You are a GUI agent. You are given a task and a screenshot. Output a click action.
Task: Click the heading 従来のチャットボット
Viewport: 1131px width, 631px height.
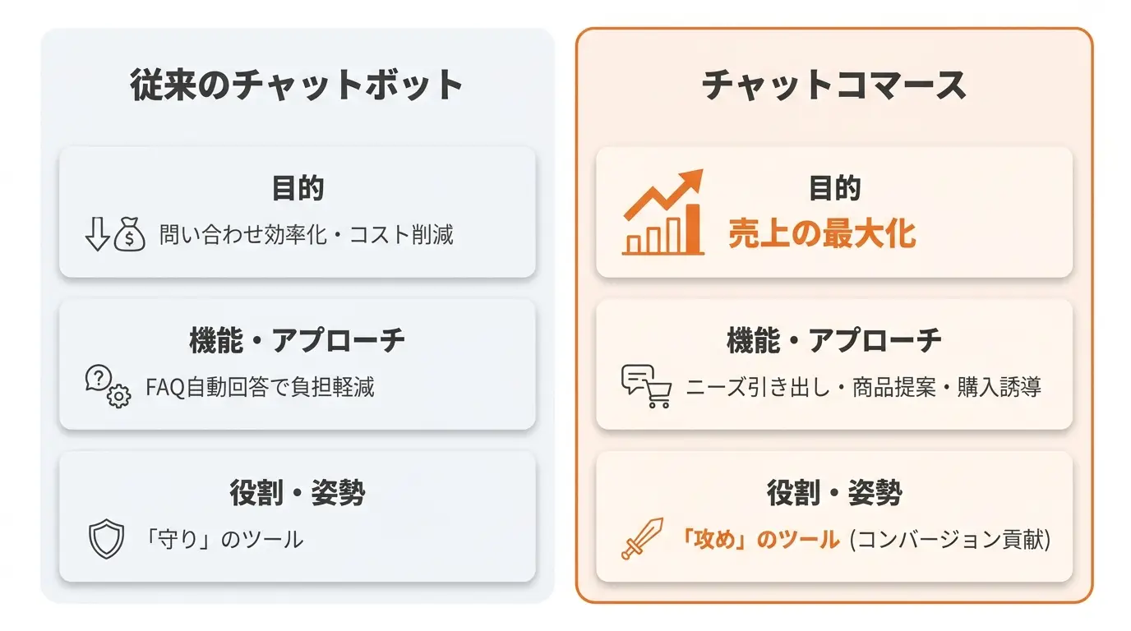297,85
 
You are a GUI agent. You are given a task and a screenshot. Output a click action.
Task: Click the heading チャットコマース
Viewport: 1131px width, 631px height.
834,85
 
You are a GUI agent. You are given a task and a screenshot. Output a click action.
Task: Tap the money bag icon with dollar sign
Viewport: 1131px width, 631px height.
130,234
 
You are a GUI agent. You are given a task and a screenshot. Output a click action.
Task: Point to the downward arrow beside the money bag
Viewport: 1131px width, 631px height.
97,234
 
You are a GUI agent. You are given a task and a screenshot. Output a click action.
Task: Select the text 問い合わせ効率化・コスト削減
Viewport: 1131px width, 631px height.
307,235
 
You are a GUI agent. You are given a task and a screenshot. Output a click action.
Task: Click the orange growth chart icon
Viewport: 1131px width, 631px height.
663,212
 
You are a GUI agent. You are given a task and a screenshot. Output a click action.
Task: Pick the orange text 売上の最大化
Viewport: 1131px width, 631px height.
822,233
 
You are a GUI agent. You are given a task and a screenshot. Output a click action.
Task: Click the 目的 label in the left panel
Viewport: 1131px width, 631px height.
298,188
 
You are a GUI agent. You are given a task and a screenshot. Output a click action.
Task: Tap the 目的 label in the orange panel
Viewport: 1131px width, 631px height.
834,188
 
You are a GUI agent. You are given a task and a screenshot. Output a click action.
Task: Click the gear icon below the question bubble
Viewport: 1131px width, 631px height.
118,396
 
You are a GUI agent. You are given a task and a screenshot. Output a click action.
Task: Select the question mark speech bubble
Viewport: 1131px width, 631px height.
99,378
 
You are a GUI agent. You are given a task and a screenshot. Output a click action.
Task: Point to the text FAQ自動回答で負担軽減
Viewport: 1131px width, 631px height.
260,387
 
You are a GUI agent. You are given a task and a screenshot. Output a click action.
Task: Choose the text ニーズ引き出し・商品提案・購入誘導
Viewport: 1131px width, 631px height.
863,387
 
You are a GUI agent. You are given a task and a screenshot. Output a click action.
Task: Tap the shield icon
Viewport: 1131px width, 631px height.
106,539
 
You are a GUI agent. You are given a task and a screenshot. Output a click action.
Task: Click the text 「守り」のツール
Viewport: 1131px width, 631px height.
223,539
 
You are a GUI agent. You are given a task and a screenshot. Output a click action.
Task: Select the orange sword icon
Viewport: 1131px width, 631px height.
642,538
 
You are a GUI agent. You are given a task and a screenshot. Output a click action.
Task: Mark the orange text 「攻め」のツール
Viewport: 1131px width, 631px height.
759,539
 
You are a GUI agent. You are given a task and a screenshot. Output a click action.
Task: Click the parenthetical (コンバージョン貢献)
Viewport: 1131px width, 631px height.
950,539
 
